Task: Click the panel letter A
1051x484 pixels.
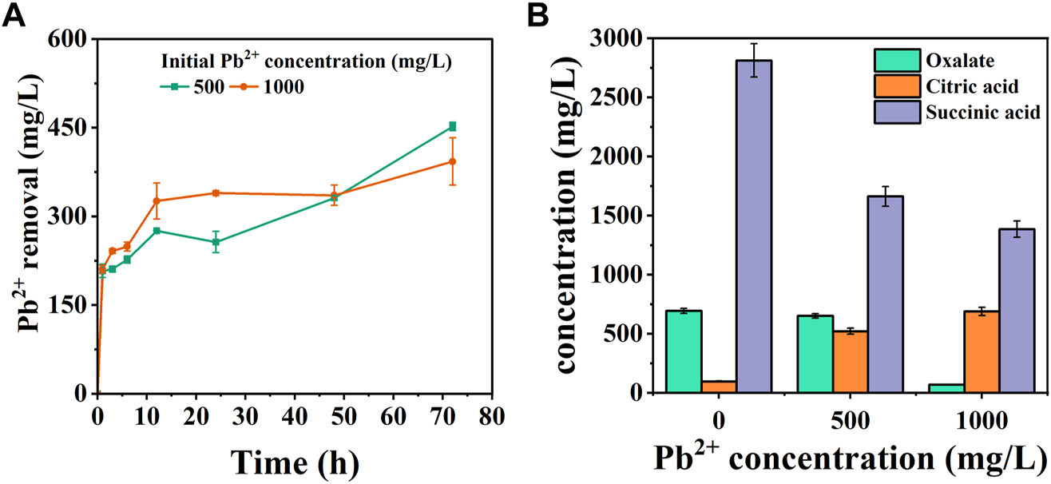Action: [14, 14]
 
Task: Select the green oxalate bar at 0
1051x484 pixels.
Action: [684, 351]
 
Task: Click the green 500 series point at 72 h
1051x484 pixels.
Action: [452, 126]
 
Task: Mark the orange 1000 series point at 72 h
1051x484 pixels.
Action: [452, 161]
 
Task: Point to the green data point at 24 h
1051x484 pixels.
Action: [216, 242]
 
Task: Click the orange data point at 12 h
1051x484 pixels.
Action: [157, 200]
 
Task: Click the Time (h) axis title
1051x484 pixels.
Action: [295, 462]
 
